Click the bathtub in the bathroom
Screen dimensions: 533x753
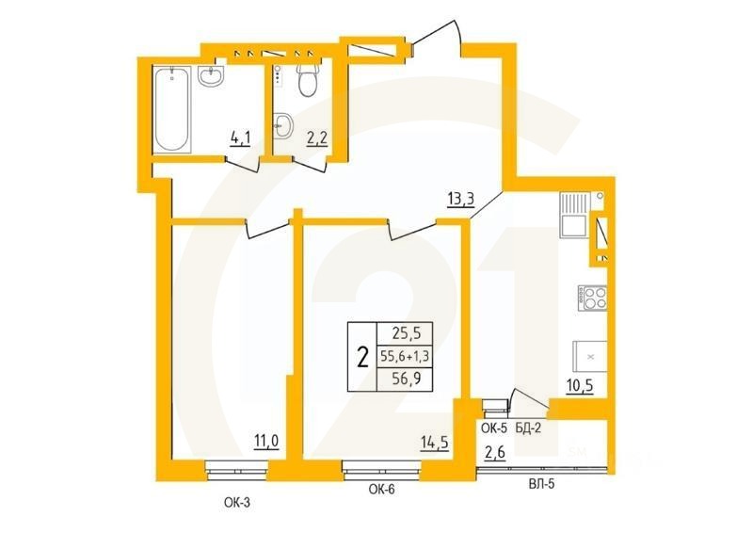coord(172,109)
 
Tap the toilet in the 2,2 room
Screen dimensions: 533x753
coord(306,82)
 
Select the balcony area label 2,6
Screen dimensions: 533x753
coord(493,453)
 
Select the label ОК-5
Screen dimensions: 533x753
coord(493,428)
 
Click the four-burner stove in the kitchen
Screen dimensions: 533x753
coord(593,300)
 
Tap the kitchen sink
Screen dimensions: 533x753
coord(573,224)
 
